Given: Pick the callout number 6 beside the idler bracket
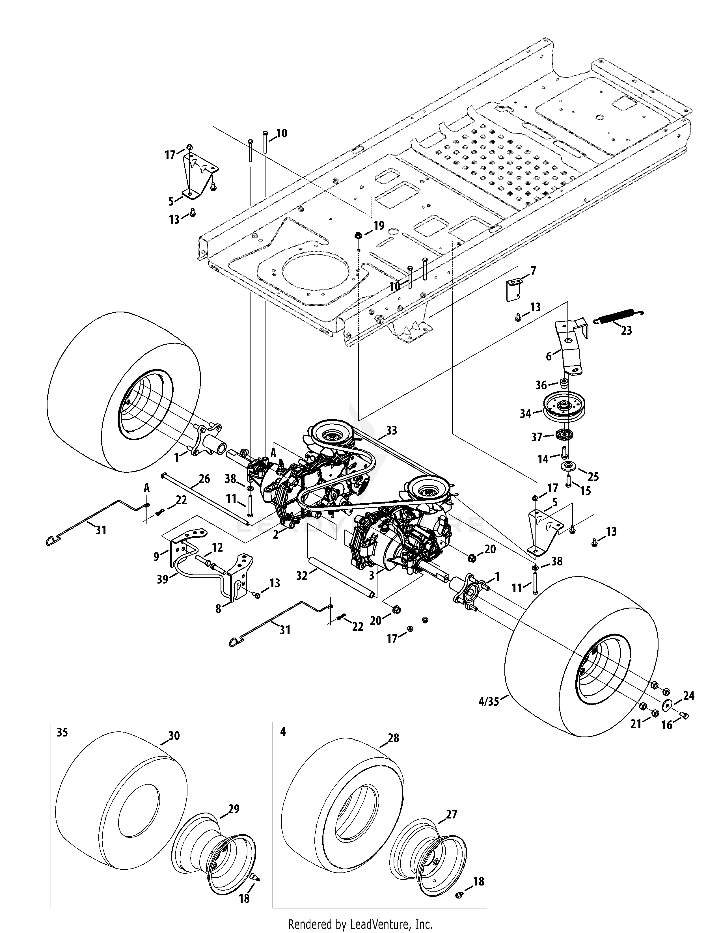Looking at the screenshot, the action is [x=549, y=356].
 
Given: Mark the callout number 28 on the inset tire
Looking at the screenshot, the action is [x=393, y=738].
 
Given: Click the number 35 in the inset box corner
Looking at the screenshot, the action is [x=62, y=732].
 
